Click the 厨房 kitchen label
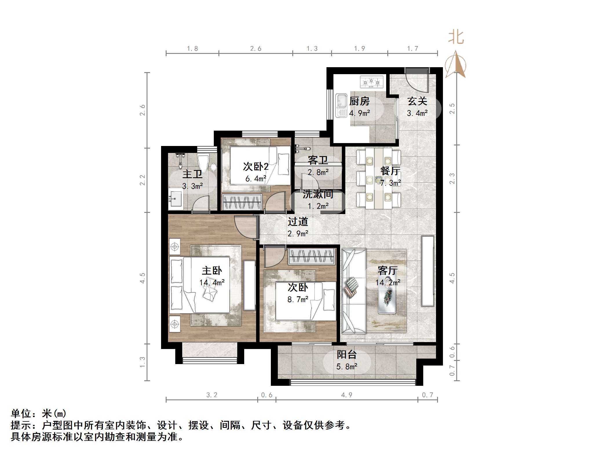(x=360, y=101)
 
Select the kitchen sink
(x=341, y=105)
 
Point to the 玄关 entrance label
(x=417, y=101)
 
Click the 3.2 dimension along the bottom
(x=212, y=395)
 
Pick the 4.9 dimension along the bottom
(x=346, y=395)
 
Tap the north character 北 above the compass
(x=456, y=37)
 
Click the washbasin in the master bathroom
(x=175, y=198)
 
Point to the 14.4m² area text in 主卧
(x=212, y=283)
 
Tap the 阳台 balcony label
(x=346, y=355)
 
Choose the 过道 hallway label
(x=298, y=222)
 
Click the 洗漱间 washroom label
(x=318, y=194)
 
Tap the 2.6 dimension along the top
(x=256, y=49)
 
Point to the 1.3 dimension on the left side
(x=142, y=362)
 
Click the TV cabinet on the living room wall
(x=428, y=271)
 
